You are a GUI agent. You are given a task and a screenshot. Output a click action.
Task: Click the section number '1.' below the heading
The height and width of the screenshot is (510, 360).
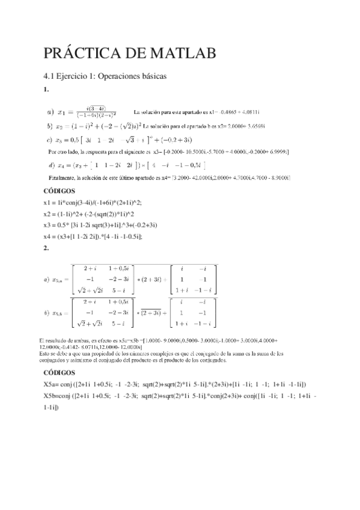coord(46,90)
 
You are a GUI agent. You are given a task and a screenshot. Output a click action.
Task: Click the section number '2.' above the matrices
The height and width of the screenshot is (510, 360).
coord(46,247)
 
